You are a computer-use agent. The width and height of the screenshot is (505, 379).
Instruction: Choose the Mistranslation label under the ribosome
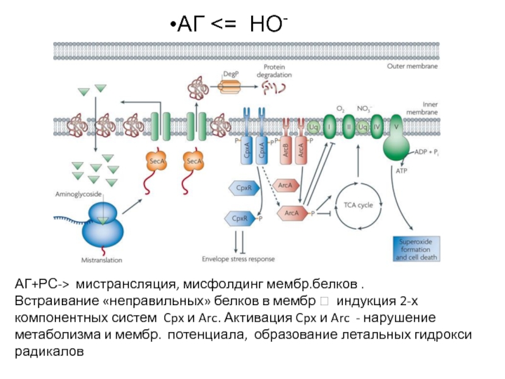102,259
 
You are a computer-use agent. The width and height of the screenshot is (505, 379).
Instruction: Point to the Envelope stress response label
239,258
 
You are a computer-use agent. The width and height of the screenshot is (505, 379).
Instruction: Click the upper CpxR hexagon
242,188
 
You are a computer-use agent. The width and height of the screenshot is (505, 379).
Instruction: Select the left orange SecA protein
157,162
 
